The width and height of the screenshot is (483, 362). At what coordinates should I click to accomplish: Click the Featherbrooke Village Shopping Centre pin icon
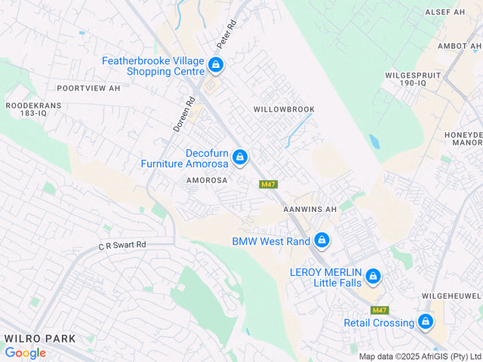216,65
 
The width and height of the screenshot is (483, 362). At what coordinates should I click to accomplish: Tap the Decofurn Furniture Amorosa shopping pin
239,156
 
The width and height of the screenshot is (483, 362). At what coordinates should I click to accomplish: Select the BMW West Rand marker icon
321,241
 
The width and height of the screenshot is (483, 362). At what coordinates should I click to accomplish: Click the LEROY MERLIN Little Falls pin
372,277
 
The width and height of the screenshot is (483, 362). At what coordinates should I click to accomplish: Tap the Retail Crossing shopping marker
426,322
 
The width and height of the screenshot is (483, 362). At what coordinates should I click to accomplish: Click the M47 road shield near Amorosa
268,185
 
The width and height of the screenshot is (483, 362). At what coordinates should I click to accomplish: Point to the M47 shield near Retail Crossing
380,311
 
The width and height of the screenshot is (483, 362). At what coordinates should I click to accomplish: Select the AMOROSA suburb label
207,181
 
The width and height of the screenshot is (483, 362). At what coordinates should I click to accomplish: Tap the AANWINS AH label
309,209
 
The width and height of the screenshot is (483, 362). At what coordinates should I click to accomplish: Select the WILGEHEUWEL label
453,296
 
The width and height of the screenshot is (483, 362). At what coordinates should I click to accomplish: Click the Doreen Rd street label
184,112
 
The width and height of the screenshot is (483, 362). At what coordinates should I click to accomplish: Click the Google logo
25,352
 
